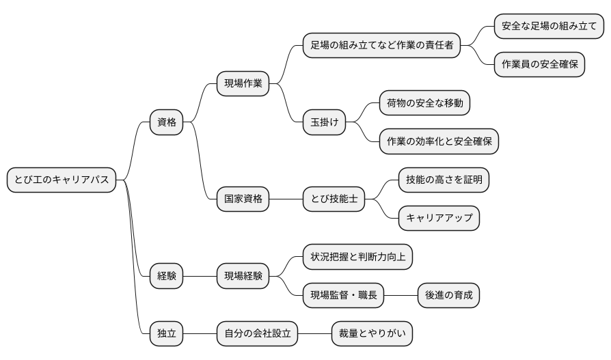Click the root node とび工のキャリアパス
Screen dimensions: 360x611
tap(62, 180)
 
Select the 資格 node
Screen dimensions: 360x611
tap(167, 122)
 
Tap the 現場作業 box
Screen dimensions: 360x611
tap(243, 85)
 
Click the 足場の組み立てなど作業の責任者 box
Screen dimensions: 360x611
tap(381, 46)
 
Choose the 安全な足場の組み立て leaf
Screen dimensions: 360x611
tap(549, 27)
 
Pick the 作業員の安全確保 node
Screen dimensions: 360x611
tap(539, 65)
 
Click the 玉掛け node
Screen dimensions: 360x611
tap(324, 122)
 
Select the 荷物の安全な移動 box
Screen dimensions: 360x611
tap(424, 103)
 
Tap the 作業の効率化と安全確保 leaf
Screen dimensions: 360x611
tap(439, 141)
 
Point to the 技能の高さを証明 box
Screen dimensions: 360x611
tap(444, 180)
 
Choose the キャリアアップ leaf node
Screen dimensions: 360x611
tap(439, 218)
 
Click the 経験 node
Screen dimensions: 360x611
tap(167, 276)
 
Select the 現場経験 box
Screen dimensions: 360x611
tap(243, 276)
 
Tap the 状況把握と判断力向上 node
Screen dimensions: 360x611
tap(357, 257)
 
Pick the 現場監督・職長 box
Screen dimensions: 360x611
tap(343, 295)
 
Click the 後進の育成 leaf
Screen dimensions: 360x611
tap(448, 295)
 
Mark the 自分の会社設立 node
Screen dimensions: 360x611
tap(257, 333)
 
